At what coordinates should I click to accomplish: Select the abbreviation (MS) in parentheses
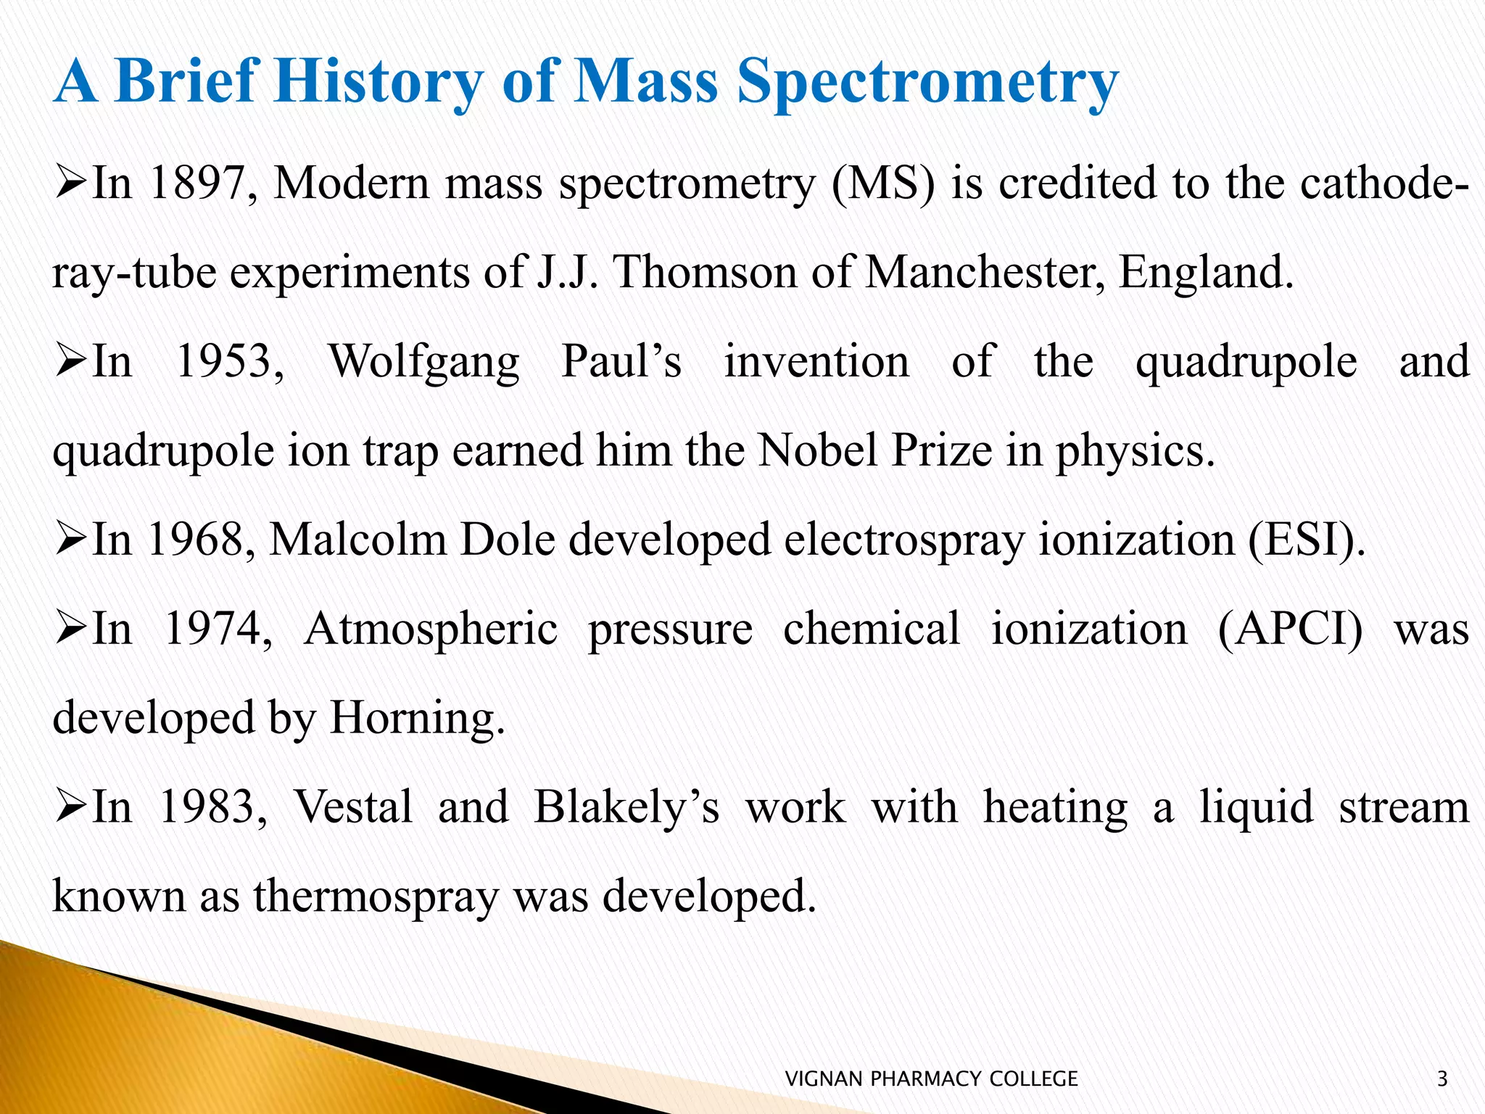[x=883, y=184]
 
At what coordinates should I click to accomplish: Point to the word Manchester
[x=984, y=273]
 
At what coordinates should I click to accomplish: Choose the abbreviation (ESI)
[x=1306, y=541]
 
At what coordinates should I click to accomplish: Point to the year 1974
[x=218, y=629]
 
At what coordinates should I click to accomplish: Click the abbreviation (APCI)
[x=1290, y=630]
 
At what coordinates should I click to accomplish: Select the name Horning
[x=416, y=718]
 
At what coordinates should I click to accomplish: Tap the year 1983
[x=212, y=807]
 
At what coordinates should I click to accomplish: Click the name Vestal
[x=353, y=807]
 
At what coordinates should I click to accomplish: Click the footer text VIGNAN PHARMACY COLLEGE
[x=932, y=1079]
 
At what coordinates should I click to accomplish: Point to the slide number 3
[x=1441, y=1079]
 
